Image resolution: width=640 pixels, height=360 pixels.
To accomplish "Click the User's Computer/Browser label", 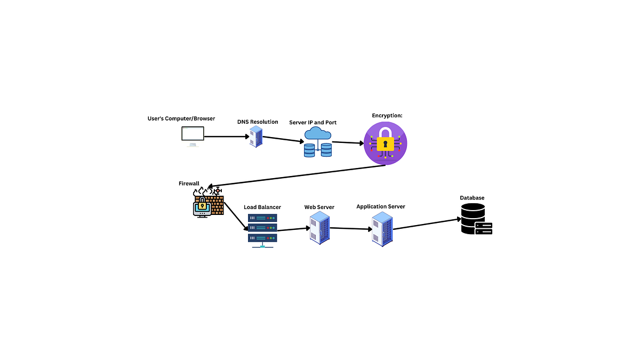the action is coord(181,118).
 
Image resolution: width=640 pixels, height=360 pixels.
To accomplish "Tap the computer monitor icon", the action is coord(193,137).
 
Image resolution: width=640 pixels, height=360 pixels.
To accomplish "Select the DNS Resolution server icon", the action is coord(256,137).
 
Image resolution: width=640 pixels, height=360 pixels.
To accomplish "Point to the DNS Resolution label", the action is coord(258,122).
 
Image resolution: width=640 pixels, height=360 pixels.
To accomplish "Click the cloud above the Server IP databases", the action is coord(318,133).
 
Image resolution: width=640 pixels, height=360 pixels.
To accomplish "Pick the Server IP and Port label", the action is coord(313,123).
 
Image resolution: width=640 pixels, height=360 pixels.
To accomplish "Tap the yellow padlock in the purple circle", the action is coord(386,139).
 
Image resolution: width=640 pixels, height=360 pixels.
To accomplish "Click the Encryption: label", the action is coord(387,116).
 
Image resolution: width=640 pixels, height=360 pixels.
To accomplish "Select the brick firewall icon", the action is coord(209,202).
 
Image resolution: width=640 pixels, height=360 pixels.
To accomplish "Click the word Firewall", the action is coord(189,183).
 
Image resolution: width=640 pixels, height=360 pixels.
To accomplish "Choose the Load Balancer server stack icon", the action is coord(262,230).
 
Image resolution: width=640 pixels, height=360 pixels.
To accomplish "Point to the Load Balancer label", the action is coord(262,207).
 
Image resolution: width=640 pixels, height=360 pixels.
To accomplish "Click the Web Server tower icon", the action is coord(319,228).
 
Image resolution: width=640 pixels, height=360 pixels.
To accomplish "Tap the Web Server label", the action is coord(319,207).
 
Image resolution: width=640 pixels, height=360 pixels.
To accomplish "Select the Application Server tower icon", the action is coord(382,229).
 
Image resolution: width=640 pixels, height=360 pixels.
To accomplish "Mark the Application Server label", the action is coord(381,206).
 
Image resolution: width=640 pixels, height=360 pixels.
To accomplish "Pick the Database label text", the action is coord(472,198).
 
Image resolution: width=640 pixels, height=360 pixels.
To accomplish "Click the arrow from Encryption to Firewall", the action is coord(297,176).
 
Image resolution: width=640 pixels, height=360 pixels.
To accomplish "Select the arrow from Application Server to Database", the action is coord(427,225).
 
